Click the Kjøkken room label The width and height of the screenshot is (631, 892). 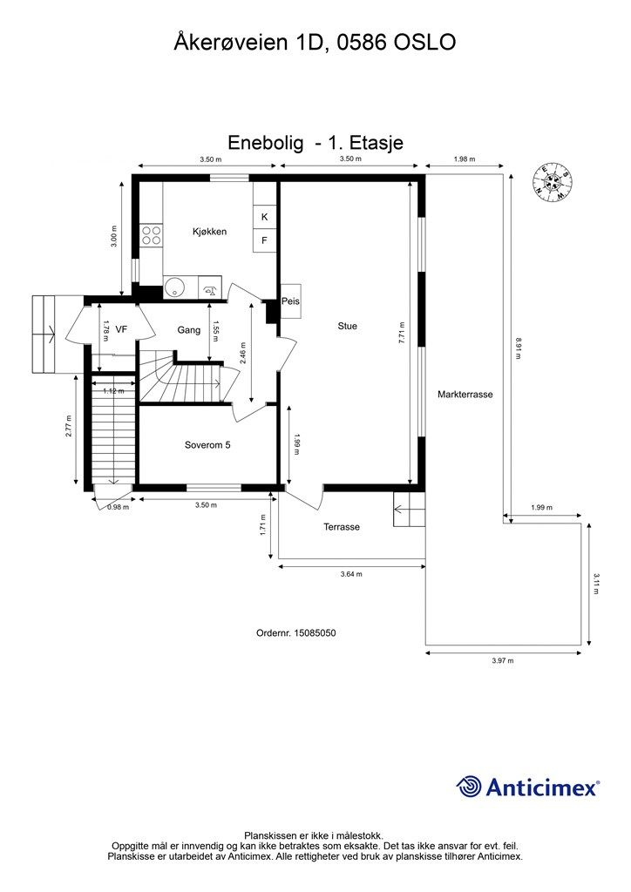pyautogui.click(x=209, y=232)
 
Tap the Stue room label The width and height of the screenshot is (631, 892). pyautogui.click(x=347, y=326)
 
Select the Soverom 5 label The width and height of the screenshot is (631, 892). pyautogui.click(x=207, y=445)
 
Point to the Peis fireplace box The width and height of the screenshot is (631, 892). pyautogui.click(x=290, y=301)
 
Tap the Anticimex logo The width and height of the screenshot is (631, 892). pyautogui.click(x=527, y=787)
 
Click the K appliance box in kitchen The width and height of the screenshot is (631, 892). pyautogui.click(x=265, y=217)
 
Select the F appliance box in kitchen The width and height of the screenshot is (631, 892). pyautogui.click(x=265, y=240)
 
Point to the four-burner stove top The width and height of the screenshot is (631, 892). pyautogui.click(x=152, y=235)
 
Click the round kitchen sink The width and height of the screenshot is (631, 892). pyautogui.click(x=173, y=289)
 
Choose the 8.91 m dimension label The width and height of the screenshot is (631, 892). pyautogui.click(x=518, y=348)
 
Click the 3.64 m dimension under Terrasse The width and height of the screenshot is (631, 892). pyautogui.click(x=351, y=574)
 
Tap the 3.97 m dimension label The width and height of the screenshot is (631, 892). pyautogui.click(x=502, y=660)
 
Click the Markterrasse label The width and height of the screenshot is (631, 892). pyautogui.click(x=465, y=395)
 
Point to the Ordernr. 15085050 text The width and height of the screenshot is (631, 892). pyautogui.click(x=295, y=632)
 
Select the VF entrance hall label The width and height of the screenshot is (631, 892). pyautogui.click(x=120, y=328)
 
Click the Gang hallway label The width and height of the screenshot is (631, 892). pyautogui.click(x=188, y=330)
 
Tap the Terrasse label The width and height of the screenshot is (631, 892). pyautogui.click(x=342, y=527)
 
